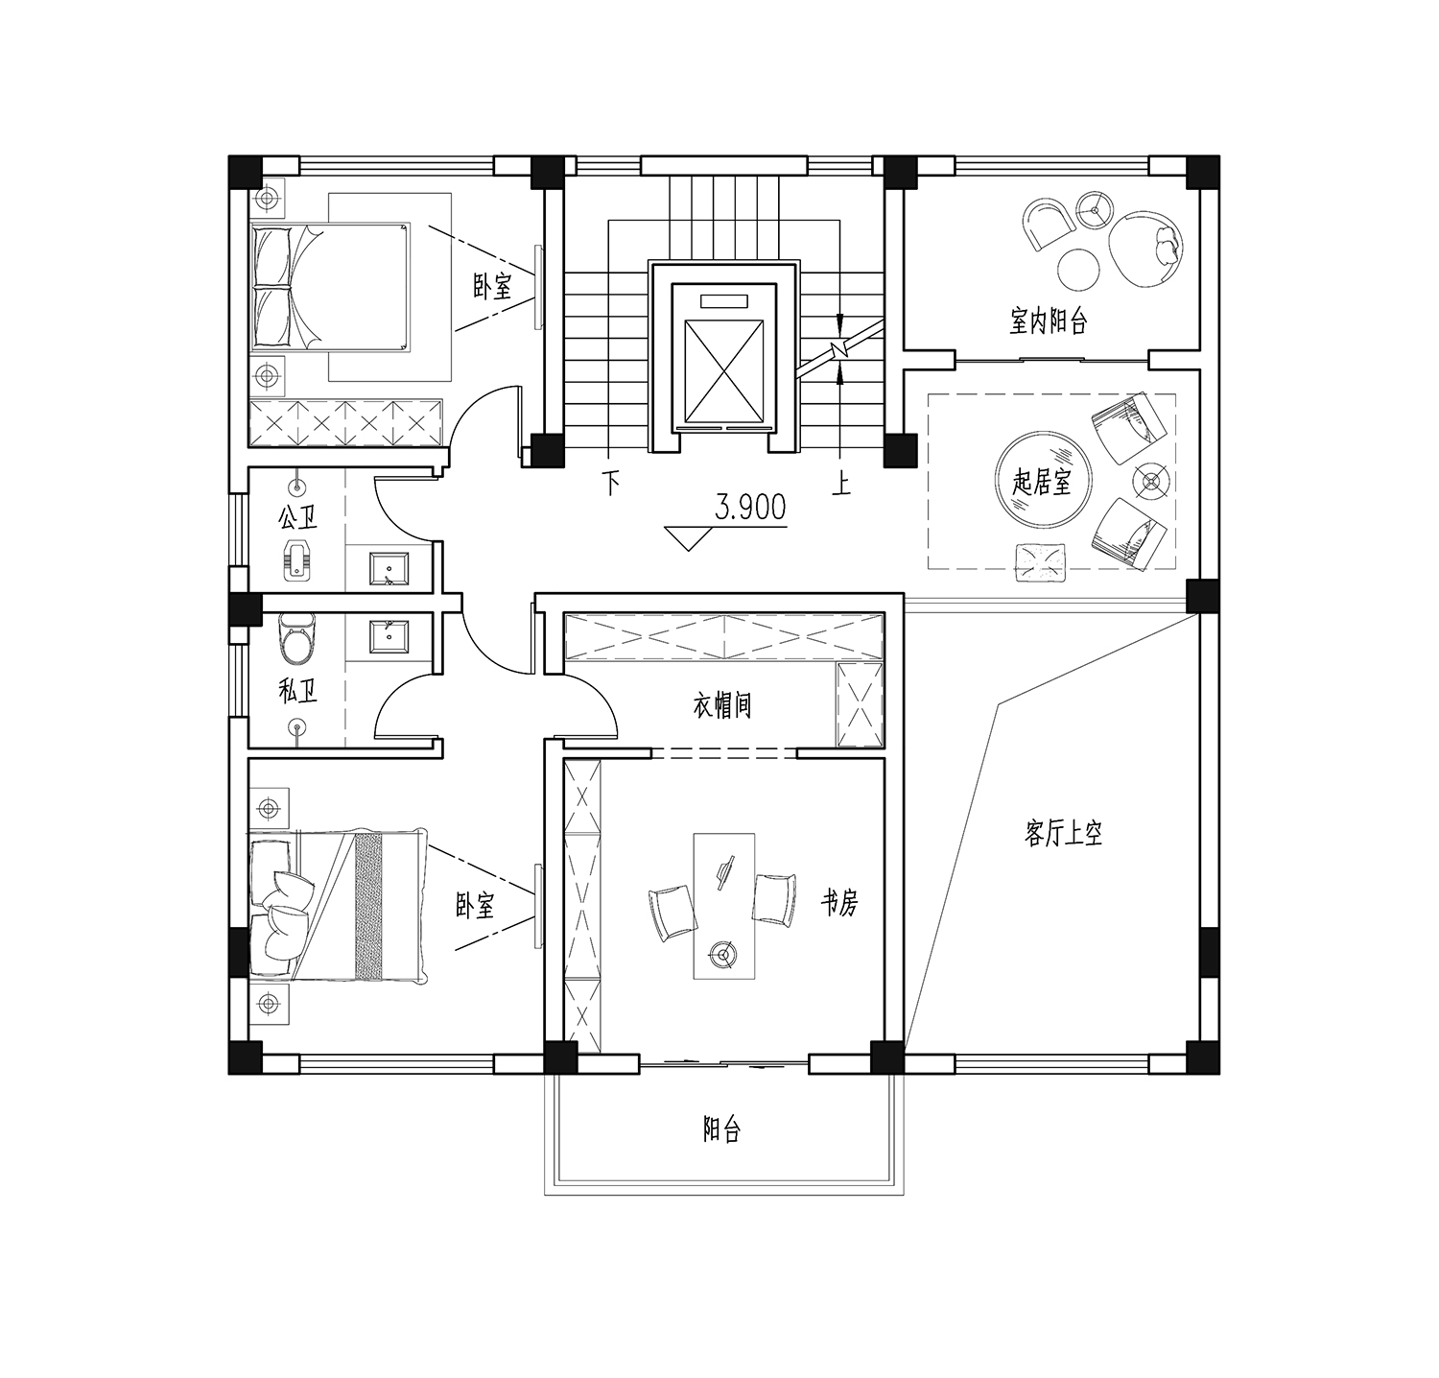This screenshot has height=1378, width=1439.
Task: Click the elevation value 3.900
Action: pos(750,507)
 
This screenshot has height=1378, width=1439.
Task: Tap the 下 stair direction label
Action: pos(610,483)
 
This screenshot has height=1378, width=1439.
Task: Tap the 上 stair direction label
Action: pos(841,483)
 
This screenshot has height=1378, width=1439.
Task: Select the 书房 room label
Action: pos(838,902)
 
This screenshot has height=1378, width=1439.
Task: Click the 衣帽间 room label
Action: pos(721,706)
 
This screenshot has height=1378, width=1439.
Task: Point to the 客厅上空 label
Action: pos(1063,833)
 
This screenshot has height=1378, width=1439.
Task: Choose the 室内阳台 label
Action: pos(1049,321)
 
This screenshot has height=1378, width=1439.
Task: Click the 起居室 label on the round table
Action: pos(1042,482)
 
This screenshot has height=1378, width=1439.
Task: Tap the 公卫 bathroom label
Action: pos(297,519)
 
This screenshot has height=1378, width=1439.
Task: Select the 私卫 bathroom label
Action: pos(297,690)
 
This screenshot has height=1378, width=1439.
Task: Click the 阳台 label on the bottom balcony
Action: pos(721,1130)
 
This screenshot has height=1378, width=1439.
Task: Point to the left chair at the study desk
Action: pos(672,912)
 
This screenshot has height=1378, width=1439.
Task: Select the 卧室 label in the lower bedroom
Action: pos(474,905)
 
